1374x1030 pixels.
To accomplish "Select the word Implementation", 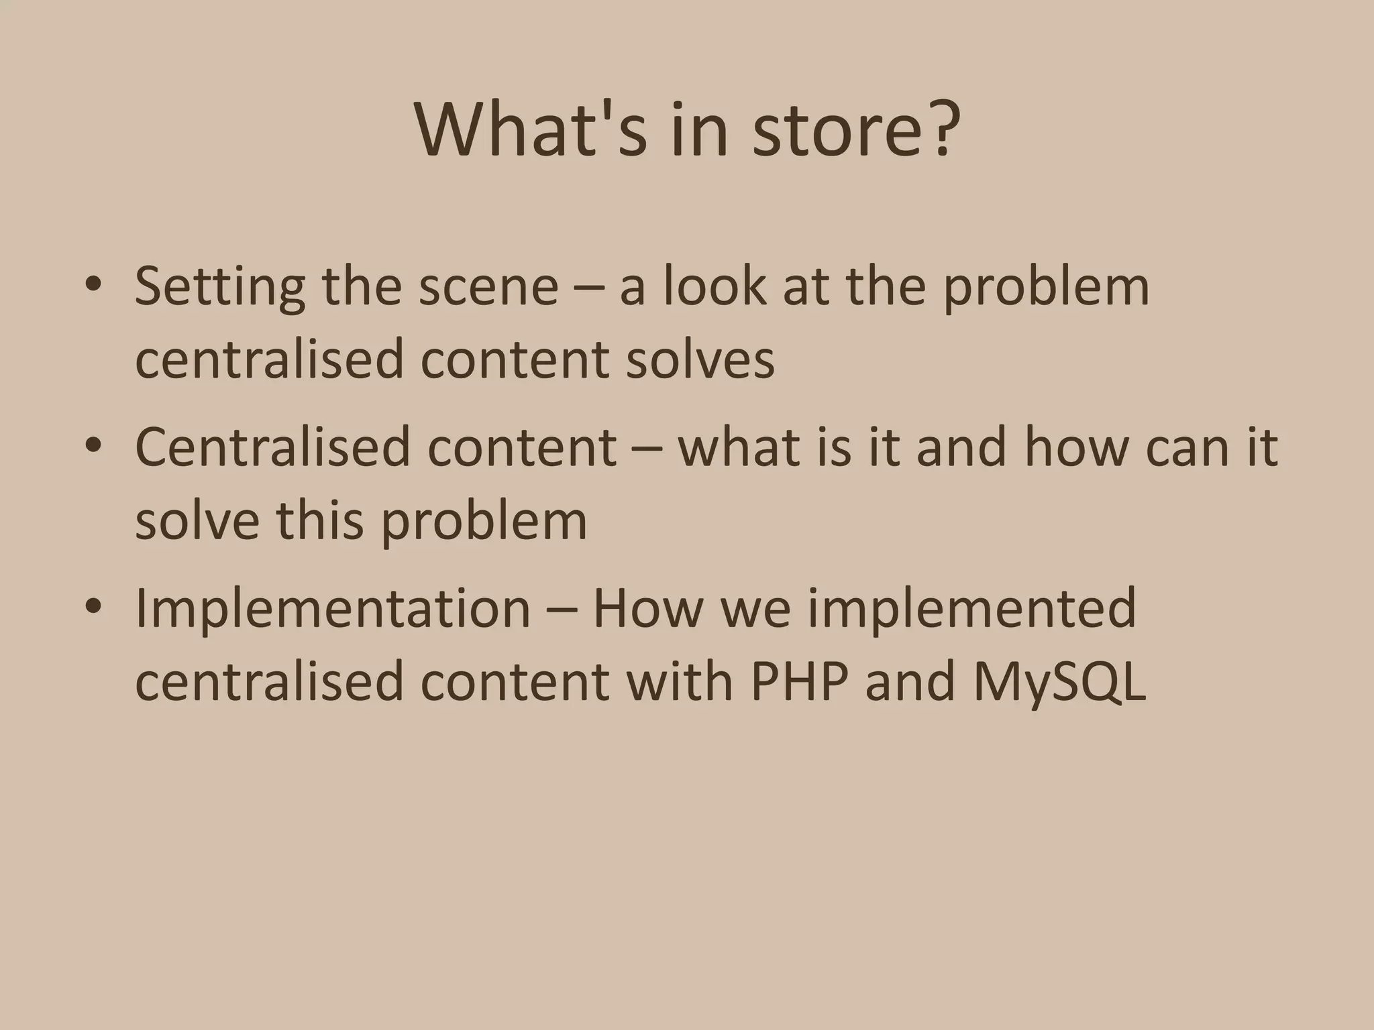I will coord(333,609).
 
